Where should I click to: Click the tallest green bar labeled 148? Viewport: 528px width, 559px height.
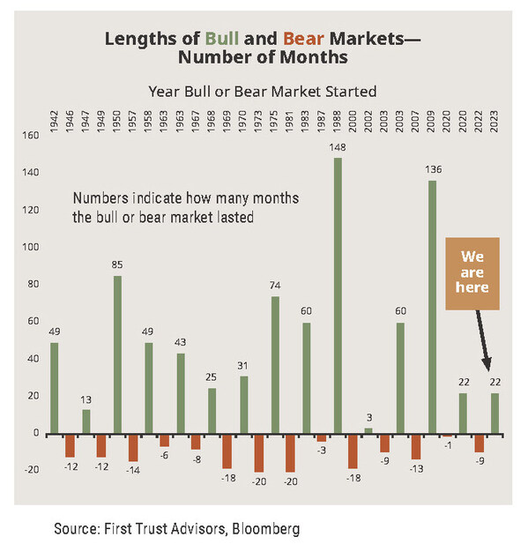coord(338,296)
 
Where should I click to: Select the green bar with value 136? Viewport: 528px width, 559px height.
coord(432,308)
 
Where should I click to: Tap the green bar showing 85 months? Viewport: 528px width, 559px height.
coord(117,354)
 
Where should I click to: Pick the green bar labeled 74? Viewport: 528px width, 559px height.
coord(275,365)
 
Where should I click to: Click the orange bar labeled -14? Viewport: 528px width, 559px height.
coord(133,448)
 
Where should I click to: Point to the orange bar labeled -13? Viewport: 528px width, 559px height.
coord(416,447)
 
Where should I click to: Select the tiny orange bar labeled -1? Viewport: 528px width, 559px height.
coord(448,436)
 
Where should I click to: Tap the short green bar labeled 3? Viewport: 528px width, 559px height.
coord(368,431)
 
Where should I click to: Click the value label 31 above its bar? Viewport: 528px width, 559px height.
coord(242,366)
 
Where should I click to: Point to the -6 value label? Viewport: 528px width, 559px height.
coord(164,455)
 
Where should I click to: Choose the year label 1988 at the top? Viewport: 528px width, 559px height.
coord(337,121)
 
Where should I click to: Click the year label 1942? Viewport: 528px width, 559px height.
coord(54,121)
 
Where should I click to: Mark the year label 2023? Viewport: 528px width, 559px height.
coord(495,121)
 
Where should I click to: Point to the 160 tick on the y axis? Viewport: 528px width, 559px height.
coord(31,136)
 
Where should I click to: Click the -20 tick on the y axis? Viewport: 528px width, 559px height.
coord(32,470)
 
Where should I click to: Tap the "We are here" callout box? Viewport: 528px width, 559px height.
coord(472,273)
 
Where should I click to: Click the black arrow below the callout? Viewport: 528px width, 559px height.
coord(483,340)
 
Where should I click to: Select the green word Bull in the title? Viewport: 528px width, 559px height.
coord(222,38)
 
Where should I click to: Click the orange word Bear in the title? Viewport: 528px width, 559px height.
coord(303,38)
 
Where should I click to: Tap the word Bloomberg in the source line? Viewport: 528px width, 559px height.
coord(265,529)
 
